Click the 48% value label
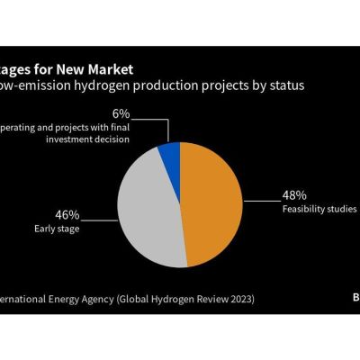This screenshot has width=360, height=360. point(294,194)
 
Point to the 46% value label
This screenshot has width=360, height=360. point(67,215)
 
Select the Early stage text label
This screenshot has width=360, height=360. point(57,229)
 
